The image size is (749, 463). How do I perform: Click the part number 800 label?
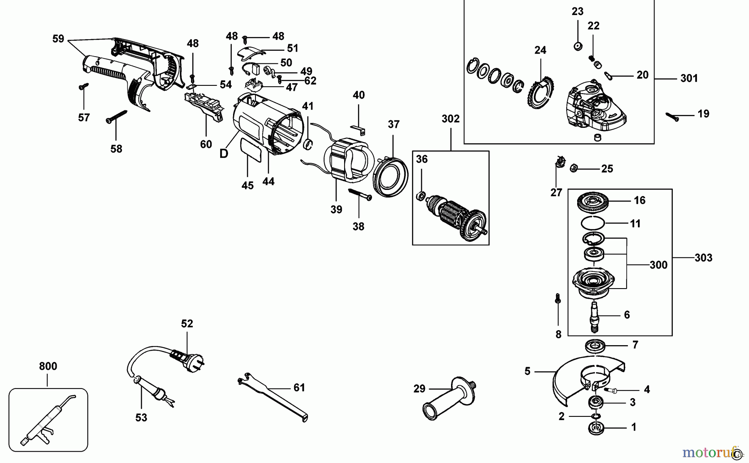click(48, 366)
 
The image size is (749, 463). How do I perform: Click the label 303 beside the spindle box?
click(703, 258)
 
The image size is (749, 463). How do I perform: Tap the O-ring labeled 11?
click(593, 223)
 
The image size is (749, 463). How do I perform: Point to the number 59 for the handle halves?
click(58, 39)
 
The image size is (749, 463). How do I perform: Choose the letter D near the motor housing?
click(224, 154)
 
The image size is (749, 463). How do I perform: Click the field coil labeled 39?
click(345, 162)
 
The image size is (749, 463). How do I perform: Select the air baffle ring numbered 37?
click(391, 177)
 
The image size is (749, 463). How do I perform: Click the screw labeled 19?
click(672, 116)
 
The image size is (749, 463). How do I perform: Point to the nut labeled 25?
click(573, 168)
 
